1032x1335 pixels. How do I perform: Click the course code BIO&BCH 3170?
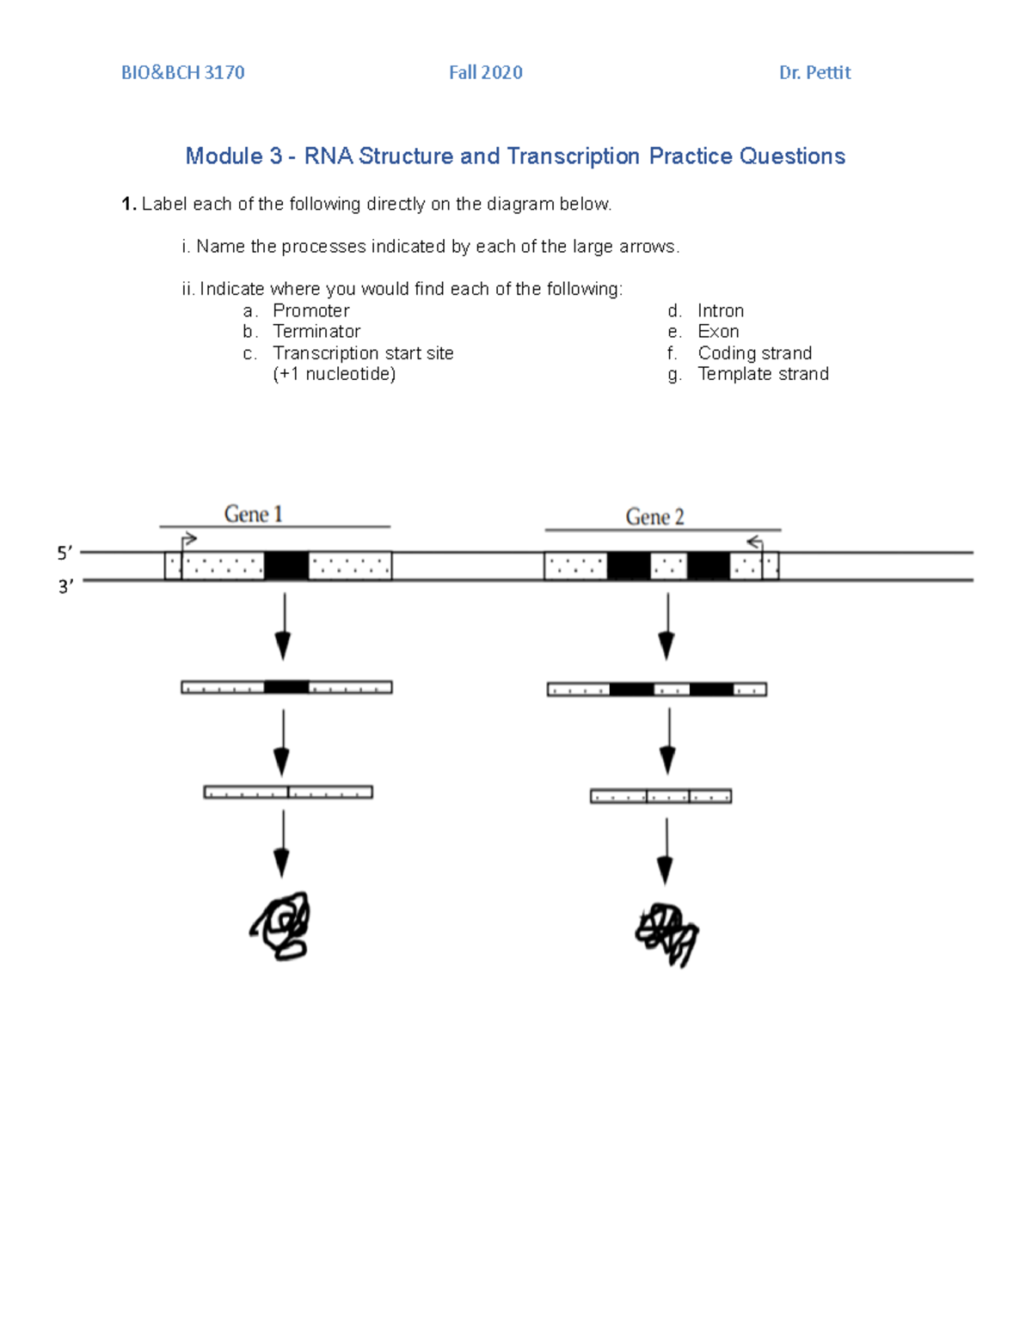[x=182, y=73]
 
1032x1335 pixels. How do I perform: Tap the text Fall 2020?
[x=485, y=73]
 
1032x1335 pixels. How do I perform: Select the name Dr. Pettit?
[x=814, y=73]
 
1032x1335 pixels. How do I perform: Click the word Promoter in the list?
[x=310, y=311]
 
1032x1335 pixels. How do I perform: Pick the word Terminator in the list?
[x=316, y=332]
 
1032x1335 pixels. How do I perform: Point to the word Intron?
[x=720, y=311]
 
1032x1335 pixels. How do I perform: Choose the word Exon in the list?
[x=718, y=332]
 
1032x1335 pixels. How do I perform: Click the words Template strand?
[x=763, y=374]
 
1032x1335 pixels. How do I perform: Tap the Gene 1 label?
[x=253, y=514]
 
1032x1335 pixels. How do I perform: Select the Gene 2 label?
[x=654, y=517]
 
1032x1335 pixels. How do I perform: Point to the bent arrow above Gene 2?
[x=755, y=542]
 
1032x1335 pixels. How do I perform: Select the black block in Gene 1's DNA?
[x=286, y=566]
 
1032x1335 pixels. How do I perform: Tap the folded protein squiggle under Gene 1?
[x=281, y=926]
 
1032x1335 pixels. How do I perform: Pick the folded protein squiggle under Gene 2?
[x=666, y=934]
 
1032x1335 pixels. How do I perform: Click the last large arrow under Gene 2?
[x=665, y=851]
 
